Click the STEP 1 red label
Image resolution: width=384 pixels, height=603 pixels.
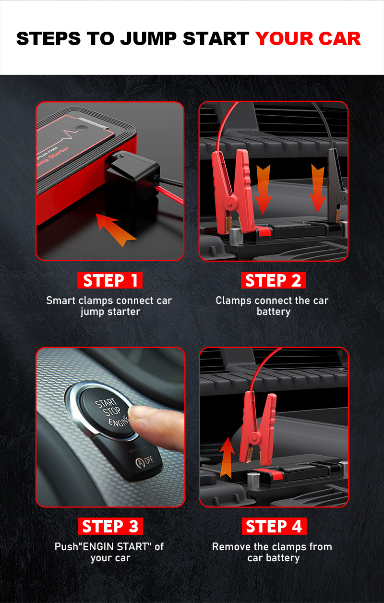pos(110,280)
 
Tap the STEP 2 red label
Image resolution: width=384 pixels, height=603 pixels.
pos(274,280)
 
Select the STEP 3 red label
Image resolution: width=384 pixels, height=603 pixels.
pos(110,526)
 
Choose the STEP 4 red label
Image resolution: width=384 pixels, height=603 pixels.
pos(274,526)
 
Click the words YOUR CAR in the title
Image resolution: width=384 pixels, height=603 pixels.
pos(308,38)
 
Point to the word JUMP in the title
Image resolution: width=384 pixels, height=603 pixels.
pos(148,38)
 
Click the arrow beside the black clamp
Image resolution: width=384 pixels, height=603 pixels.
pos(318,188)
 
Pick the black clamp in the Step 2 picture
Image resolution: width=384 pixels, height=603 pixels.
pos(336,186)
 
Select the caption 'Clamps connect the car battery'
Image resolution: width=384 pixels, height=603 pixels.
pos(272,306)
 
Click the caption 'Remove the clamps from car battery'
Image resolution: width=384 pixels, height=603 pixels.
pos(272,552)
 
